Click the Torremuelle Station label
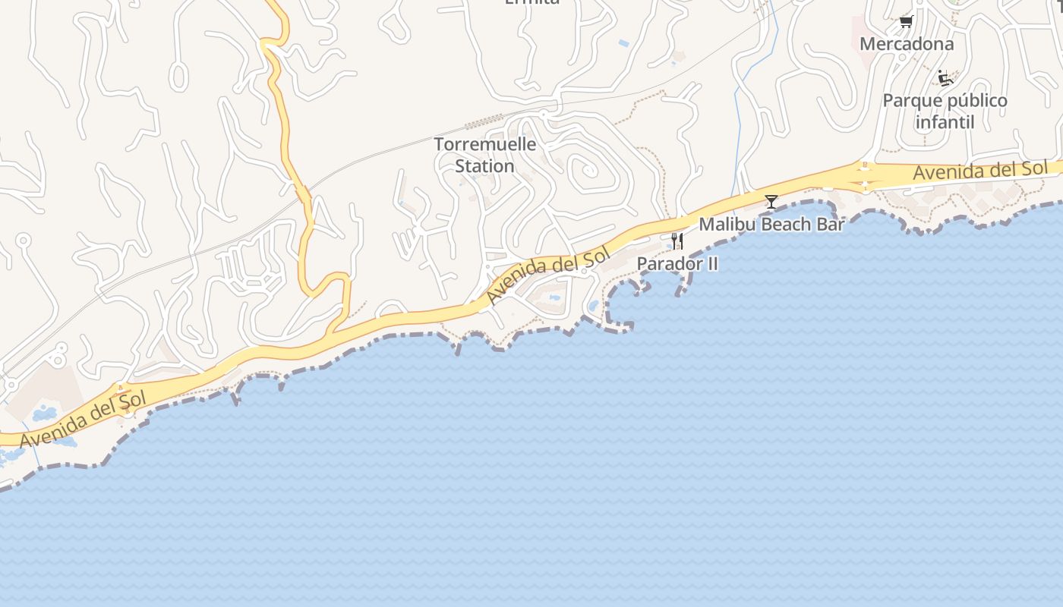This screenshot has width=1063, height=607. tap(484, 155)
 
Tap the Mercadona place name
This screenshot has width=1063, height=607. tap(906, 44)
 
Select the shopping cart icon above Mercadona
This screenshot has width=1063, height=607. tap(905, 21)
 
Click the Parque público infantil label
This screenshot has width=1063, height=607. tap(945, 111)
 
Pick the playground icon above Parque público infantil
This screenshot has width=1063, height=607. tap(945, 77)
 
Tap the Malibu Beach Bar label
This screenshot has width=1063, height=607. tap(771, 224)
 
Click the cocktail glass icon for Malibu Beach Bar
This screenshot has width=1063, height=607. tap(771, 201)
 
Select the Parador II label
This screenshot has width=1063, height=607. tap(677, 263)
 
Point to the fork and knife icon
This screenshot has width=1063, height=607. tap(677, 241)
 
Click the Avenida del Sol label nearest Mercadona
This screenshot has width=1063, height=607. tap(979, 171)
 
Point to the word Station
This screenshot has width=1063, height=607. tap(484, 165)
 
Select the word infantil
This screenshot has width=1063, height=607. tap(945, 121)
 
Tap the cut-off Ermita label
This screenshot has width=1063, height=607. tap(531, 2)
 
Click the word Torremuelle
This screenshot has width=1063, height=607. tap(484, 144)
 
